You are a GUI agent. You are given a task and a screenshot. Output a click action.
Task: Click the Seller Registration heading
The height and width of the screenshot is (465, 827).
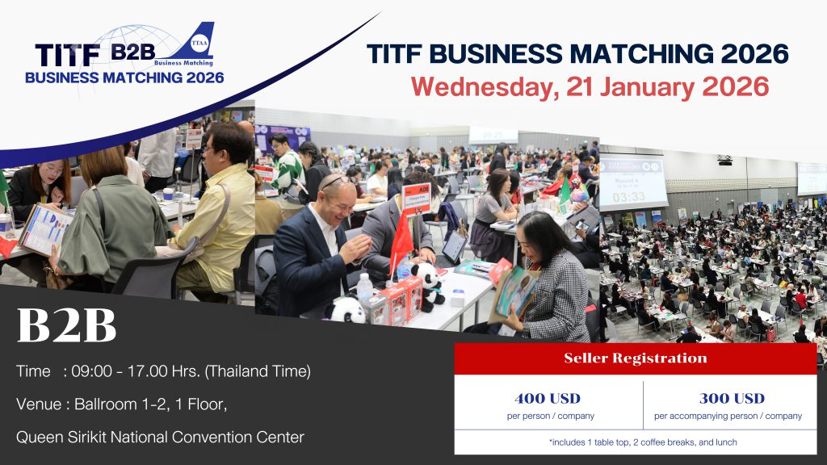635,358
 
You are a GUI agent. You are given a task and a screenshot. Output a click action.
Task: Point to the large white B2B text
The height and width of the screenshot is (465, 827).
66,326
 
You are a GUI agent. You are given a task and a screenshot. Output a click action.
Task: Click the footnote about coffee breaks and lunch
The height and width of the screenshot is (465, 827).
635,442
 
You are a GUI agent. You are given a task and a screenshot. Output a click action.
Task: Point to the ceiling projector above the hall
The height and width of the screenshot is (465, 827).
724,160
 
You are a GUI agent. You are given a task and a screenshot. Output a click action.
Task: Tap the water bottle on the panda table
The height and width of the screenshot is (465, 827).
365,287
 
